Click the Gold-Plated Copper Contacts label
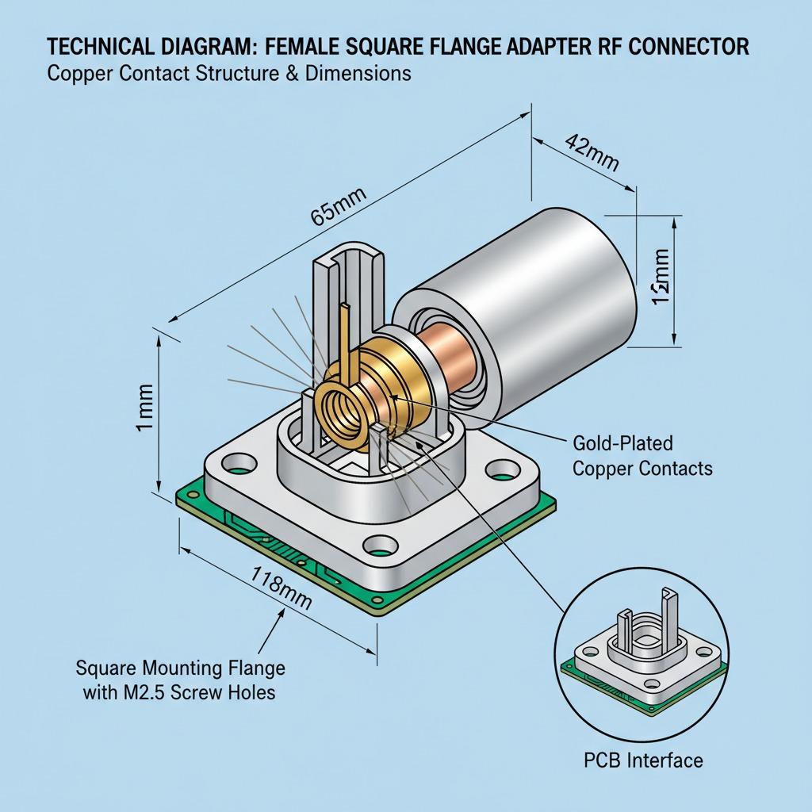(642, 454)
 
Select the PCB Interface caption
(643, 760)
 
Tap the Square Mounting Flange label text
(180, 668)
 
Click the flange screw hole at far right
(497, 475)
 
